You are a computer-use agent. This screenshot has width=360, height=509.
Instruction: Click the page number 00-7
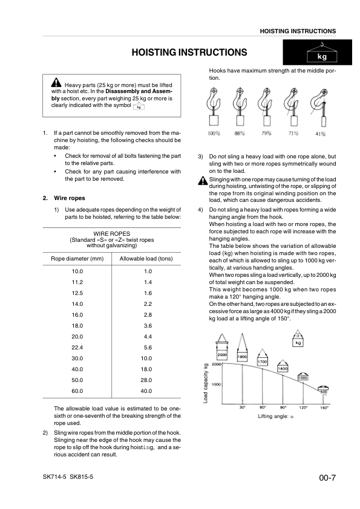tap(327, 478)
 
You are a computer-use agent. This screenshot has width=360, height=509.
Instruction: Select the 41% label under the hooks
tap(320, 134)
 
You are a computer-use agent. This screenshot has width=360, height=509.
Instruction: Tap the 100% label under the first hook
tap(214, 133)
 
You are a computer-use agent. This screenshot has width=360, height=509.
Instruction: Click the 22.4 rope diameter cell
tap(77, 348)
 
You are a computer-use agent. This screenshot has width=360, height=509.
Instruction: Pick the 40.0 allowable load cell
tap(146, 391)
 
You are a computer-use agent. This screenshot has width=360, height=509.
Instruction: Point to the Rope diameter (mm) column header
tap(77, 259)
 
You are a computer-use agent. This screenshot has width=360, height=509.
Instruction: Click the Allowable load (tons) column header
tap(146, 259)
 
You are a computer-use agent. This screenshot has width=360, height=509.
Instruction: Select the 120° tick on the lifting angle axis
tap(303, 407)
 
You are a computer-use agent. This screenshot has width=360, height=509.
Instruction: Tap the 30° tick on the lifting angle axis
tap(243, 407)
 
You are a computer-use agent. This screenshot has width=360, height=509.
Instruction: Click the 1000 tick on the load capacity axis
tap(216, 384)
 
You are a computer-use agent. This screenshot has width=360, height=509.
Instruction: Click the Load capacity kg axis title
tap(205, 383)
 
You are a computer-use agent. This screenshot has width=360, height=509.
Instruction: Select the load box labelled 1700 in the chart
tap(262, 362)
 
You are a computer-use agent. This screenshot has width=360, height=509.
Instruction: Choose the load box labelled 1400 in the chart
tap(283, 368)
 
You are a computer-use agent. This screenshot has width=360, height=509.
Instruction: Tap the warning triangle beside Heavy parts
tap(56, 82)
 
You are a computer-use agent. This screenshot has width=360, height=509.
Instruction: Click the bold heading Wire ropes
tap(70, 198)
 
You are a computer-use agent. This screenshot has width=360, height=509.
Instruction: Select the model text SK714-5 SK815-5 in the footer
tap(68, 476)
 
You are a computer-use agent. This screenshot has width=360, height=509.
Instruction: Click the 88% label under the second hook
tap(240, 133)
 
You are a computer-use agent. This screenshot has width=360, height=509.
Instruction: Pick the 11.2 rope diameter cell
tap(77, 282)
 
